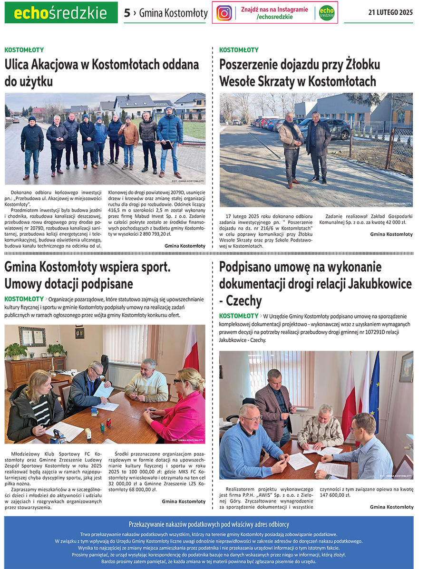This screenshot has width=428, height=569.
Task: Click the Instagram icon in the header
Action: tap(224, 13)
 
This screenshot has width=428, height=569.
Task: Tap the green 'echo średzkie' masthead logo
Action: tap(61, 13)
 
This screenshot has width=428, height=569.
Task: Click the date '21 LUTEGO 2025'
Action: tap(390, 12)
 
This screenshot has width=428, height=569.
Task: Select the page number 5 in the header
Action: tap(126, 13)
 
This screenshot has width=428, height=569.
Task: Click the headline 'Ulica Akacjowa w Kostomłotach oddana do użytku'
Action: tap(102, 73)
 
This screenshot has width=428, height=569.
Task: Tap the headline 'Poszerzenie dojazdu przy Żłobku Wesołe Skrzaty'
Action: tap(300, 73)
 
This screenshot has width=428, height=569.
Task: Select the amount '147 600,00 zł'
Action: tap(335, 495)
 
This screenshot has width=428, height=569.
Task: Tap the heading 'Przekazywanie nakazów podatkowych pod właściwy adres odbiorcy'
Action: tap(209, 524)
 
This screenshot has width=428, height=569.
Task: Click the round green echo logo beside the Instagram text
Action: tap(327, 13)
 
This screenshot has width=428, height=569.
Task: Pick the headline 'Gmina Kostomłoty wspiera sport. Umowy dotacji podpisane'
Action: tap(88, 275)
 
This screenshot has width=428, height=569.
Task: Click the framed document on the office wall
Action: tap(32, 337)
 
